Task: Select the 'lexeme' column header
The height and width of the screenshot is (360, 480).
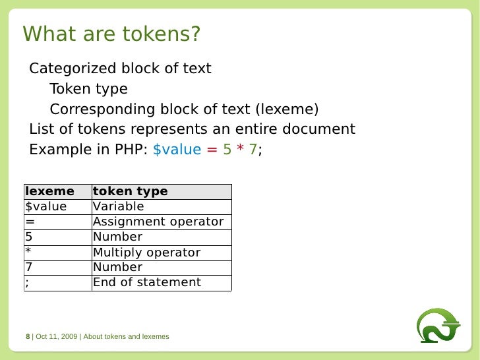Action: point(49,191)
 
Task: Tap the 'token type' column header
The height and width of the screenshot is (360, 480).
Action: point(131,191)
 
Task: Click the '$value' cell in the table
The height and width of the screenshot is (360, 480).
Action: point(46,206)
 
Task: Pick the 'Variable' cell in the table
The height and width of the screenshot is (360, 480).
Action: point(119,206)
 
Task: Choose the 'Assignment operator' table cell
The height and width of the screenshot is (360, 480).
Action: point(158,222)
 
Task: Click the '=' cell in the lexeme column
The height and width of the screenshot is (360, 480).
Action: point(30,222)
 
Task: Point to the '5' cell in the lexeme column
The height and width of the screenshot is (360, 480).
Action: point(29,237)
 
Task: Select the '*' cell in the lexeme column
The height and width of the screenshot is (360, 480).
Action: point(29,252)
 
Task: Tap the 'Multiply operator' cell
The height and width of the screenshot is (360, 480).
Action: point(146,252)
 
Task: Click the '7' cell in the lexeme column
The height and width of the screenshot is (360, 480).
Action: point(29,267)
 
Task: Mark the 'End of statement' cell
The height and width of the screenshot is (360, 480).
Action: point(147,282)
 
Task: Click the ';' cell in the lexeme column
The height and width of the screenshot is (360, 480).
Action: point(28,282)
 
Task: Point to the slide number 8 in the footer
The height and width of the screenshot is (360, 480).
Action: point(28,336)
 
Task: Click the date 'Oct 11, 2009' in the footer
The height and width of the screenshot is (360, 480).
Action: point(57,336)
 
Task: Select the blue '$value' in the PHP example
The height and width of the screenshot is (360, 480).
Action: point(177,149)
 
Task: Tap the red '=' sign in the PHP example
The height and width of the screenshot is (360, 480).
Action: point(212,149)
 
